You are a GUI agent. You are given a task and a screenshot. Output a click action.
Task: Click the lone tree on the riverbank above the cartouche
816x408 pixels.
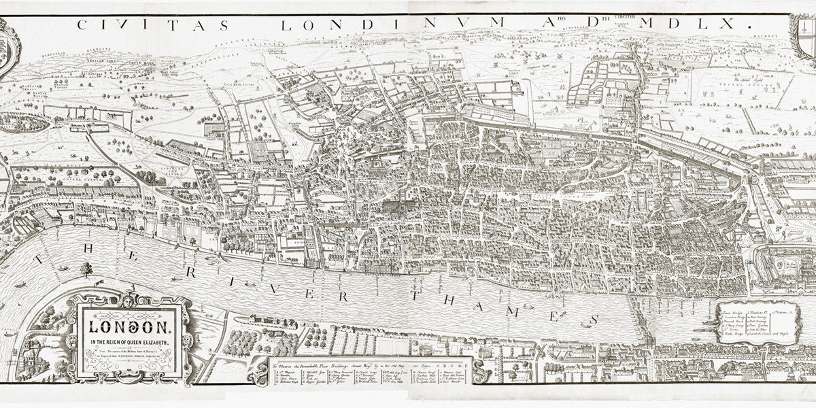[86, 270]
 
